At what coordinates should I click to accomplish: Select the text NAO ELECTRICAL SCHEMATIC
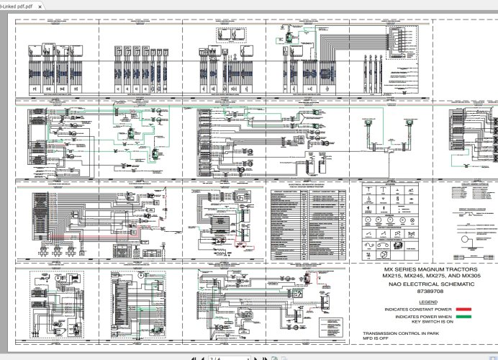tap(420, 285)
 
